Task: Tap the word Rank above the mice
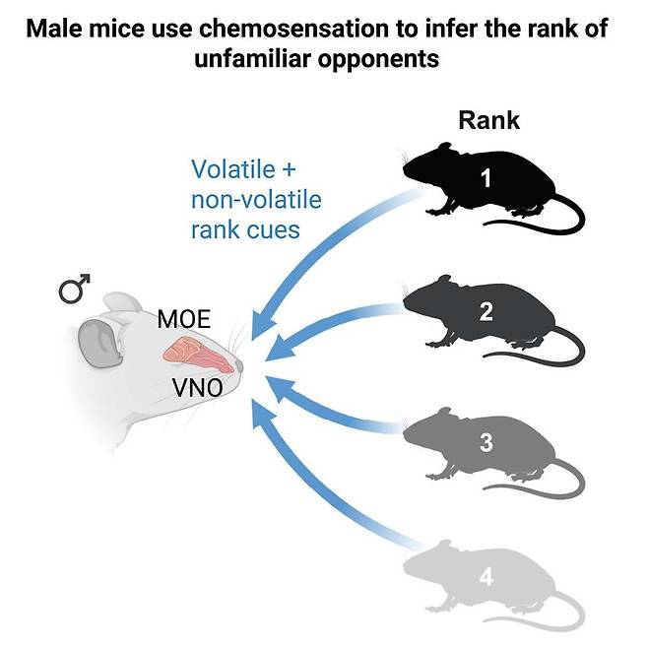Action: pos(488,122)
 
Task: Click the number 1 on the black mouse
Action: pos(486,179)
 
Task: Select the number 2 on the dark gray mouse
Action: pos(486,312)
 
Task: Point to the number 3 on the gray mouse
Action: pos(486,443)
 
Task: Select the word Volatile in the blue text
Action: pos(235,169)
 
